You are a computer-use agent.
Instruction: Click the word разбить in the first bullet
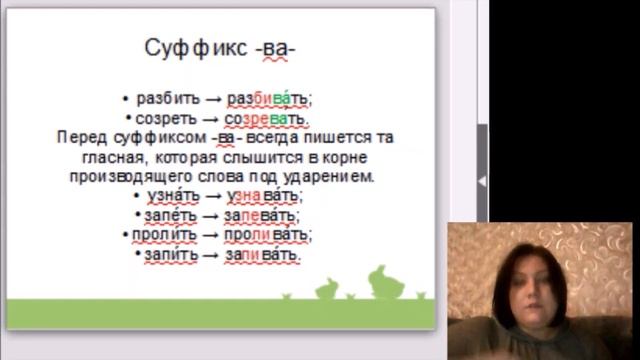click(160, 98)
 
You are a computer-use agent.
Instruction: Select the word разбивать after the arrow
click(269, 98)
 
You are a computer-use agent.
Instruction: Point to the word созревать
click(267, 118)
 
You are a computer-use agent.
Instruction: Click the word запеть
click(164, 215)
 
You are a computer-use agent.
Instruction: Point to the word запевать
click(264, 215)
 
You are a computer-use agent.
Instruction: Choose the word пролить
click(165, 235)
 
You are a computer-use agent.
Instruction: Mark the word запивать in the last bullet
click(264, 255)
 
